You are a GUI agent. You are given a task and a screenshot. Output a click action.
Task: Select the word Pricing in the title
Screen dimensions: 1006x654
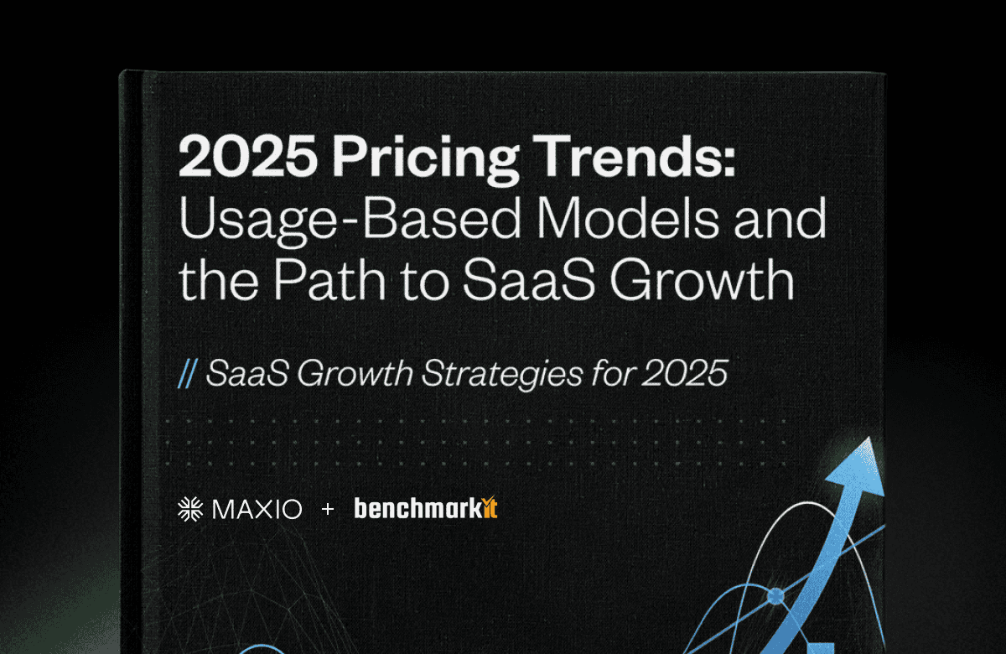[x=425, y=160]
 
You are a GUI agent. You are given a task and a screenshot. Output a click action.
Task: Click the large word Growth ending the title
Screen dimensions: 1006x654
[x=703, y=280]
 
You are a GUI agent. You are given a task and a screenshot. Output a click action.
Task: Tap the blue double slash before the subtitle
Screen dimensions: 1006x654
[x=187, y=374]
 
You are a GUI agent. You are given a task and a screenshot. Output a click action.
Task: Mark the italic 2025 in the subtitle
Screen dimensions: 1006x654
[x=684, y=373]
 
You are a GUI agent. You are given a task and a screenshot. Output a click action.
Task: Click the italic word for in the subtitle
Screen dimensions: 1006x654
[x=613, y=373]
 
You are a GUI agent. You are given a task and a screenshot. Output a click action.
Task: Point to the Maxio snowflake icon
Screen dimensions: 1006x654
[x=190, y=510]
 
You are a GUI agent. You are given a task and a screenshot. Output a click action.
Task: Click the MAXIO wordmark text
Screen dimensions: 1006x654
[x=257, y=510]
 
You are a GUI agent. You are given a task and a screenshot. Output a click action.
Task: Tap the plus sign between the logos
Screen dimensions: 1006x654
[x=328, y=509]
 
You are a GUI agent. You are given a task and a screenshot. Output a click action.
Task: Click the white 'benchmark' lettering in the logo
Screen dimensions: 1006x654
[x=417, y=508]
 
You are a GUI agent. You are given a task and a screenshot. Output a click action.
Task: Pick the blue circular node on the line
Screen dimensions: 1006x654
[x=775, y=596]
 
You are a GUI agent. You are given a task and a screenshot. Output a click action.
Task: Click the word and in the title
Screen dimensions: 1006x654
[x=780, y=218]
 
